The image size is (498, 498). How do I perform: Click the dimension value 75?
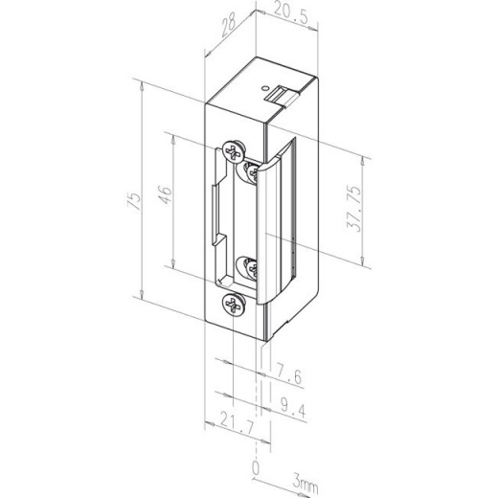pos(135,199)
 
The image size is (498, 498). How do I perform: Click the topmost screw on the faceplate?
pos(231,149)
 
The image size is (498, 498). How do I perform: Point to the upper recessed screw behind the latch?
pos(252,170)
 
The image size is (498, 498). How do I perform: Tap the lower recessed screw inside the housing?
pos(248,266)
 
